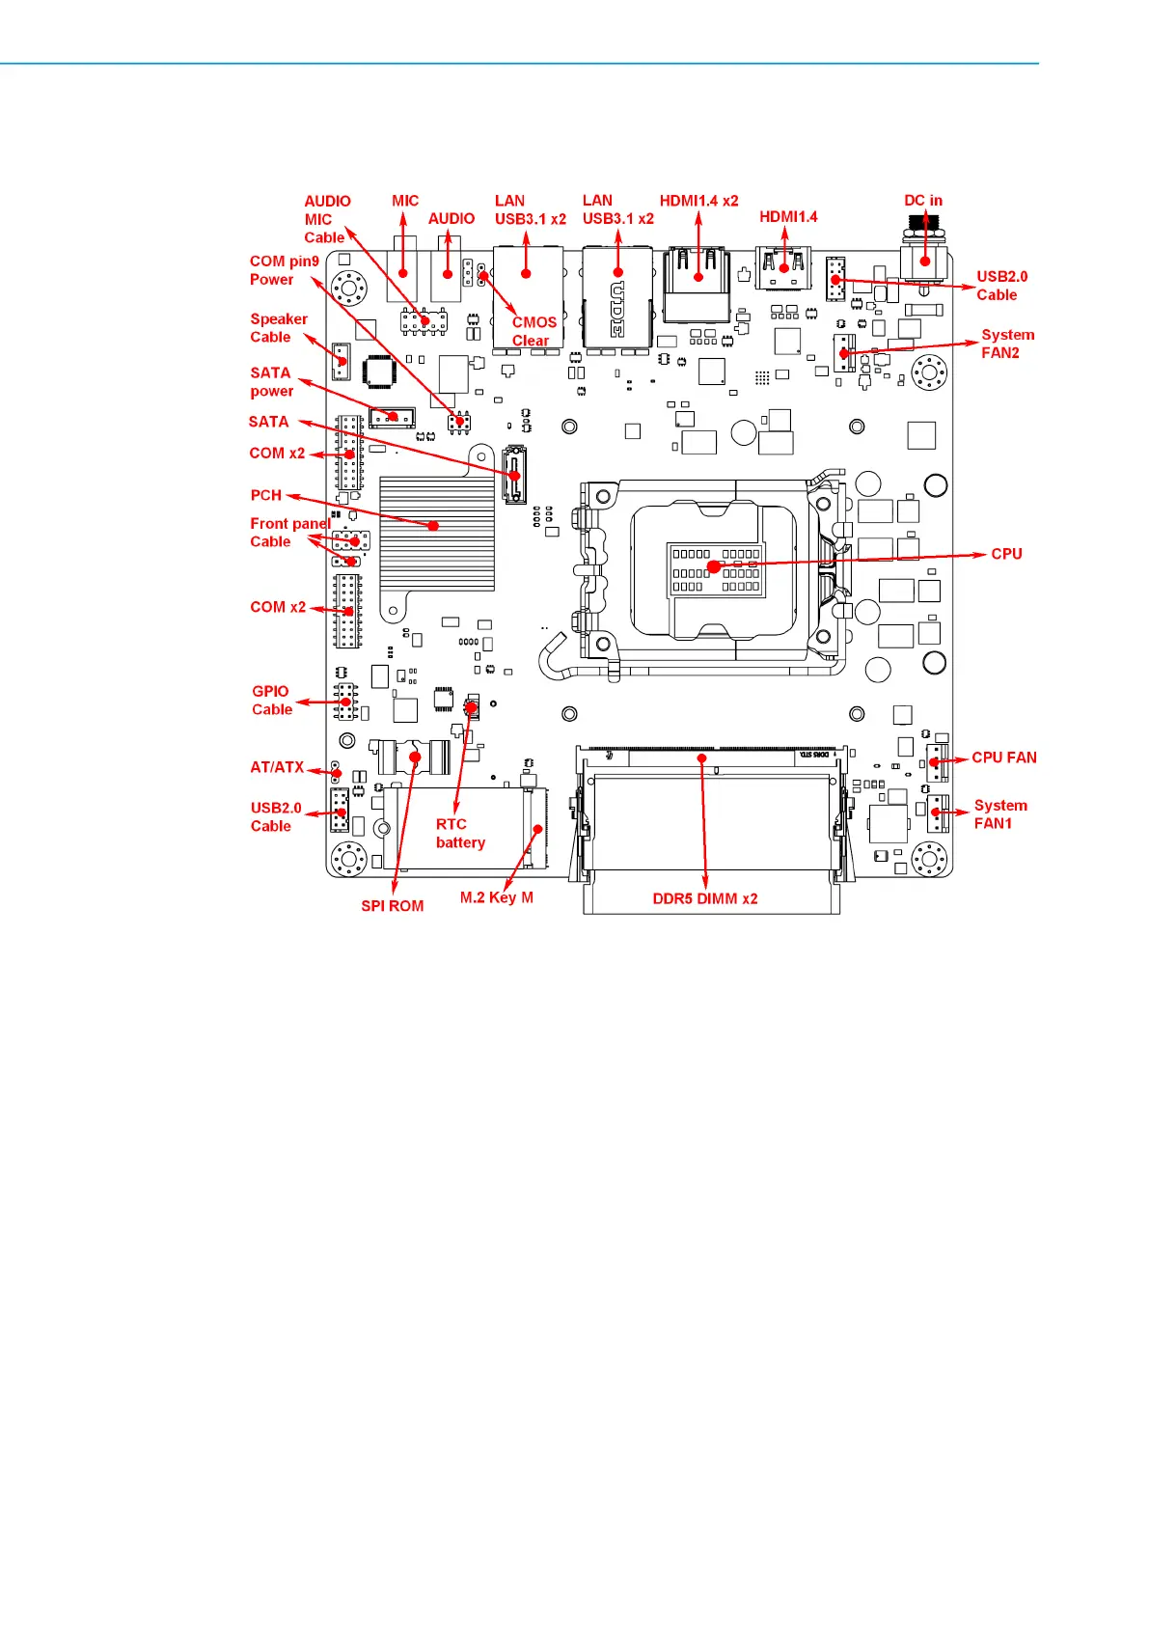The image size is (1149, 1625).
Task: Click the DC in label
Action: [x=922, y=200]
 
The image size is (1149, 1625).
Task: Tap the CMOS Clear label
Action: [x=533, y=332]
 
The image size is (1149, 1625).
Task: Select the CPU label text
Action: [x=1006, y=554]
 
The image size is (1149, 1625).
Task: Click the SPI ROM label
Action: [x=393, y=905]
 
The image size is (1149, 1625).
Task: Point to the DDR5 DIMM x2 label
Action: [x=705, y=898]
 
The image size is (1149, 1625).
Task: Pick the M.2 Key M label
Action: [x=496, y=897]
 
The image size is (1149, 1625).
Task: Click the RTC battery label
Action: [x=460, y=833]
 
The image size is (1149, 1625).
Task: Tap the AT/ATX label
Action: [x=277, y=767]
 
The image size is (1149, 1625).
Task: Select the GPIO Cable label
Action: [x=272, y=700]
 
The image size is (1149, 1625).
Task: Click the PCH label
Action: [x=265, y=495]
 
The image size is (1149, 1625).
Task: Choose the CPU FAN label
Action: [x=1004, y=757]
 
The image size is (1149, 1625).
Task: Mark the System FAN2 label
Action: [x=1007, y=344]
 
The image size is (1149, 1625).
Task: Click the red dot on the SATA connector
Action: [x=514, y=475]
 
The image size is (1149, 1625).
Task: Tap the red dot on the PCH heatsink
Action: [x=433, y=525]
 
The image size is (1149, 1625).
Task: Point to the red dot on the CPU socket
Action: [x=714, y=566]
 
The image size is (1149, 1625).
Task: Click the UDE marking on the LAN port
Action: [x=616, y=310]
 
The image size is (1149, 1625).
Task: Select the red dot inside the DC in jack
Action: [x=925, y=262]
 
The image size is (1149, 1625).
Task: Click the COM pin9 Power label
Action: [x=285, y=270]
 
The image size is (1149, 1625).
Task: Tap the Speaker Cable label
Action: [x=279, y=328]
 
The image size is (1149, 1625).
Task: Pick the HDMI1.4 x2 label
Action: [x=698, y=200]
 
